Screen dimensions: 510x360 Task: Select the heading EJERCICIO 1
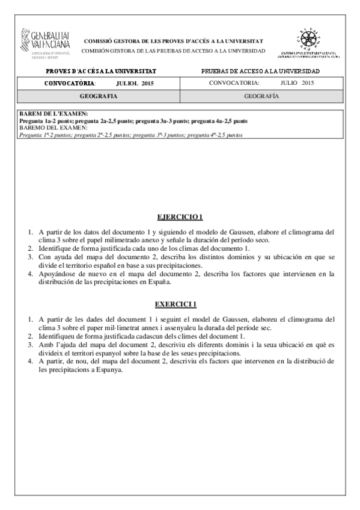click(x=180, y=217)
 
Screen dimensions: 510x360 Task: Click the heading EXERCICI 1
click(x=180, y=304)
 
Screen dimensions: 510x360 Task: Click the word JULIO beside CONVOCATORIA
click(x=290, y=83)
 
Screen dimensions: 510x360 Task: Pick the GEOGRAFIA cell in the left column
click(x=99, y=96)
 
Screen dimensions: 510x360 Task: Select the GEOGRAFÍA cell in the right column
click(x=261, y=96)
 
